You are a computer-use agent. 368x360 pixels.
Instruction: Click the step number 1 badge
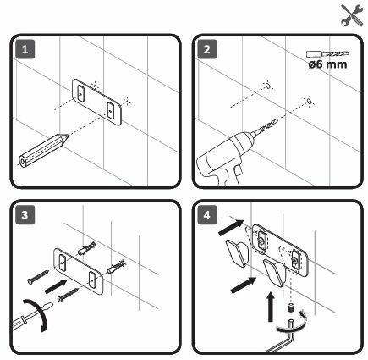(x=25, y=49)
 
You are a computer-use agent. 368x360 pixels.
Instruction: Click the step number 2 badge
(x=207, y=49)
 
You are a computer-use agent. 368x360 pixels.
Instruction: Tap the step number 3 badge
(x=25, y=215)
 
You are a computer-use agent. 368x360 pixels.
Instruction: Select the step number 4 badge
(x=207, y=215)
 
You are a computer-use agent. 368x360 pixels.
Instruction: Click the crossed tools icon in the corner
(x=353, y=15)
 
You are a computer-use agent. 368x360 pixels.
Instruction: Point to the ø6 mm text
(x=327, y=64)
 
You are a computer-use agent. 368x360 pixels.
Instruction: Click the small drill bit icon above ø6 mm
(x=327, y=53)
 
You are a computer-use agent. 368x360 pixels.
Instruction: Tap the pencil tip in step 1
(x=66, y=137)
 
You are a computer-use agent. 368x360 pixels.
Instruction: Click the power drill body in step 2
(x=222, y=158)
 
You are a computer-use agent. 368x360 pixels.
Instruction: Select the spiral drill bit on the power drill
(x=265, y=127)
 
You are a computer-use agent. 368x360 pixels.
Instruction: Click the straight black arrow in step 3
(x=56, y=286)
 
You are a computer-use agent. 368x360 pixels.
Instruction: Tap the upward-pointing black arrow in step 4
(x=271, y=307)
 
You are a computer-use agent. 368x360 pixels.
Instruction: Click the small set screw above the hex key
(x=290, y=307)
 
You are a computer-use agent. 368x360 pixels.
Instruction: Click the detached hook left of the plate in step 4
(x=238, y=253)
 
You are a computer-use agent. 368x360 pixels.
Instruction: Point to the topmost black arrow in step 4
(x=231, y=227)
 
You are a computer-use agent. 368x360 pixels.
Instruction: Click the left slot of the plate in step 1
(x=81, y=92)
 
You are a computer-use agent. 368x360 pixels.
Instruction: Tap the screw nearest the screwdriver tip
(x=68, y=295)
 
